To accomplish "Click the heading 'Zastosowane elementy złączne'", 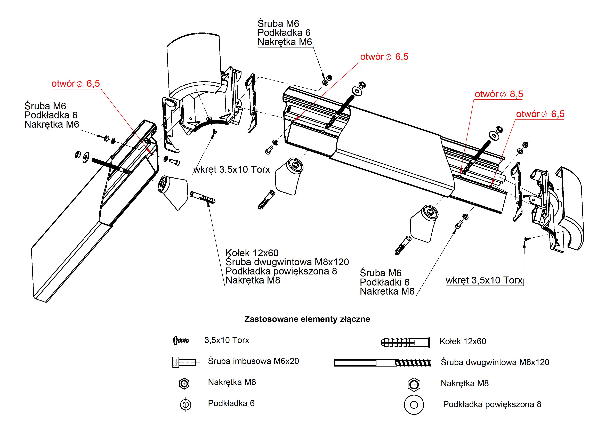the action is click(307, 319).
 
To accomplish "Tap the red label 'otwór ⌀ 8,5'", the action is click(499, 94).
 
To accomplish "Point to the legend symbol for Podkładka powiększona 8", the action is click(414, 405).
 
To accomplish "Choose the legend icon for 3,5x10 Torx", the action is click(181, 340).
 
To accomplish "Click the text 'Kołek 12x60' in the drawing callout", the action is click(252, 253).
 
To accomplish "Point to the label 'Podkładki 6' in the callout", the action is click(385, 282).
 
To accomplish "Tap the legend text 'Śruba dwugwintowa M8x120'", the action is click(495, 362).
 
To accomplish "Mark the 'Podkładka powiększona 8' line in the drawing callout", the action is click(281, 271).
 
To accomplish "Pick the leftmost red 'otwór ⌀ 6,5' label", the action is click(76, 84).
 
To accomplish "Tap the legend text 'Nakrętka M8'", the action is click(465, 384).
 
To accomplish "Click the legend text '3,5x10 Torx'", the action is click(227, 340).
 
